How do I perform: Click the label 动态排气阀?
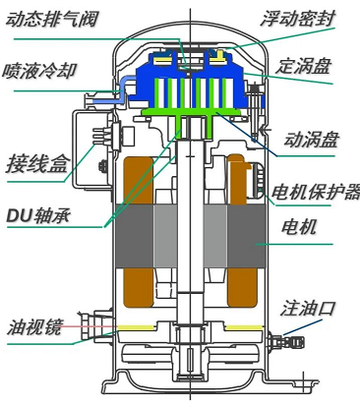(52, 19)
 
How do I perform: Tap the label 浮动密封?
(298, 19)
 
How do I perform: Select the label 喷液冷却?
(39, 71)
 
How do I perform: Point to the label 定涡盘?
(303, 66)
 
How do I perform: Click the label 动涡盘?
(311, 140)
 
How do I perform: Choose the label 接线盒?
(38, 163)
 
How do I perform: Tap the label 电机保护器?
(316, 192)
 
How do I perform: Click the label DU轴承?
(38, 215)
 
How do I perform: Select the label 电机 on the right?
(299, 227)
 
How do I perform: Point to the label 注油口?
(308, 309)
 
